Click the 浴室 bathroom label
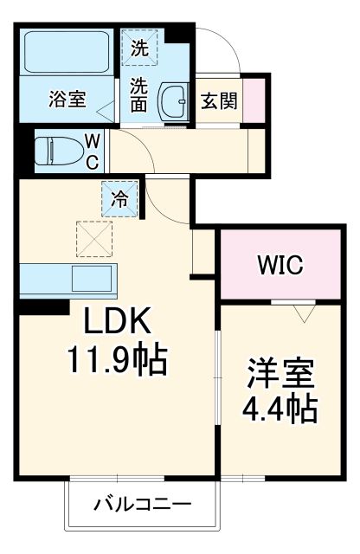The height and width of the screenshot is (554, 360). [x=67, y=99]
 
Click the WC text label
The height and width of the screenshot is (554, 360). [x=93, y=149]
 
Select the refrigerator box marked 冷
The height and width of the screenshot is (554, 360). [x=120, y=197]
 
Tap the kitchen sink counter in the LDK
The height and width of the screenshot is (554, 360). [x=67, y=280]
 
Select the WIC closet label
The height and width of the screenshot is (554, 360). [x=278, y=265]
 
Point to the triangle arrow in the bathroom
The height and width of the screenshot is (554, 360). [x=105, y=111]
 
